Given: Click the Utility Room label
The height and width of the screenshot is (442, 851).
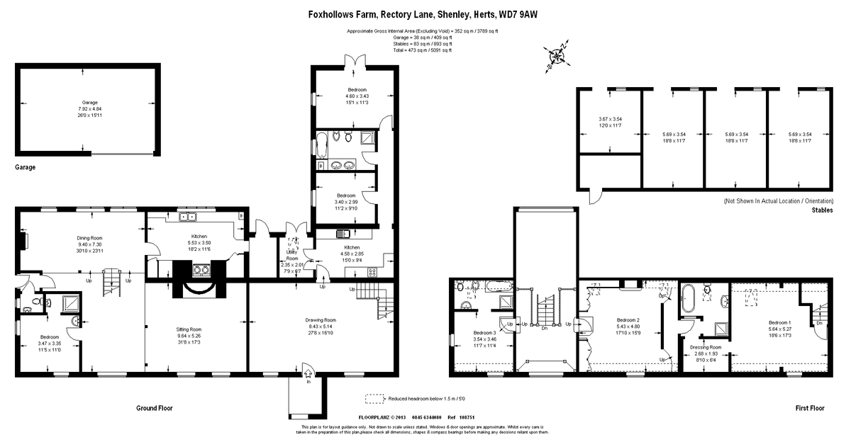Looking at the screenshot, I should (292, 256).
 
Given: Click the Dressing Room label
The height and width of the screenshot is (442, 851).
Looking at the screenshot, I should (706, 347).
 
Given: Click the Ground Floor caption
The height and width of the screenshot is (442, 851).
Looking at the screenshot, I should (154, 408).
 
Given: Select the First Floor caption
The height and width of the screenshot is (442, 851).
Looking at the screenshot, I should (809, 408).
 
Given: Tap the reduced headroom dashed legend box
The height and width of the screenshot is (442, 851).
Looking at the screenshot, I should (374, 399).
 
